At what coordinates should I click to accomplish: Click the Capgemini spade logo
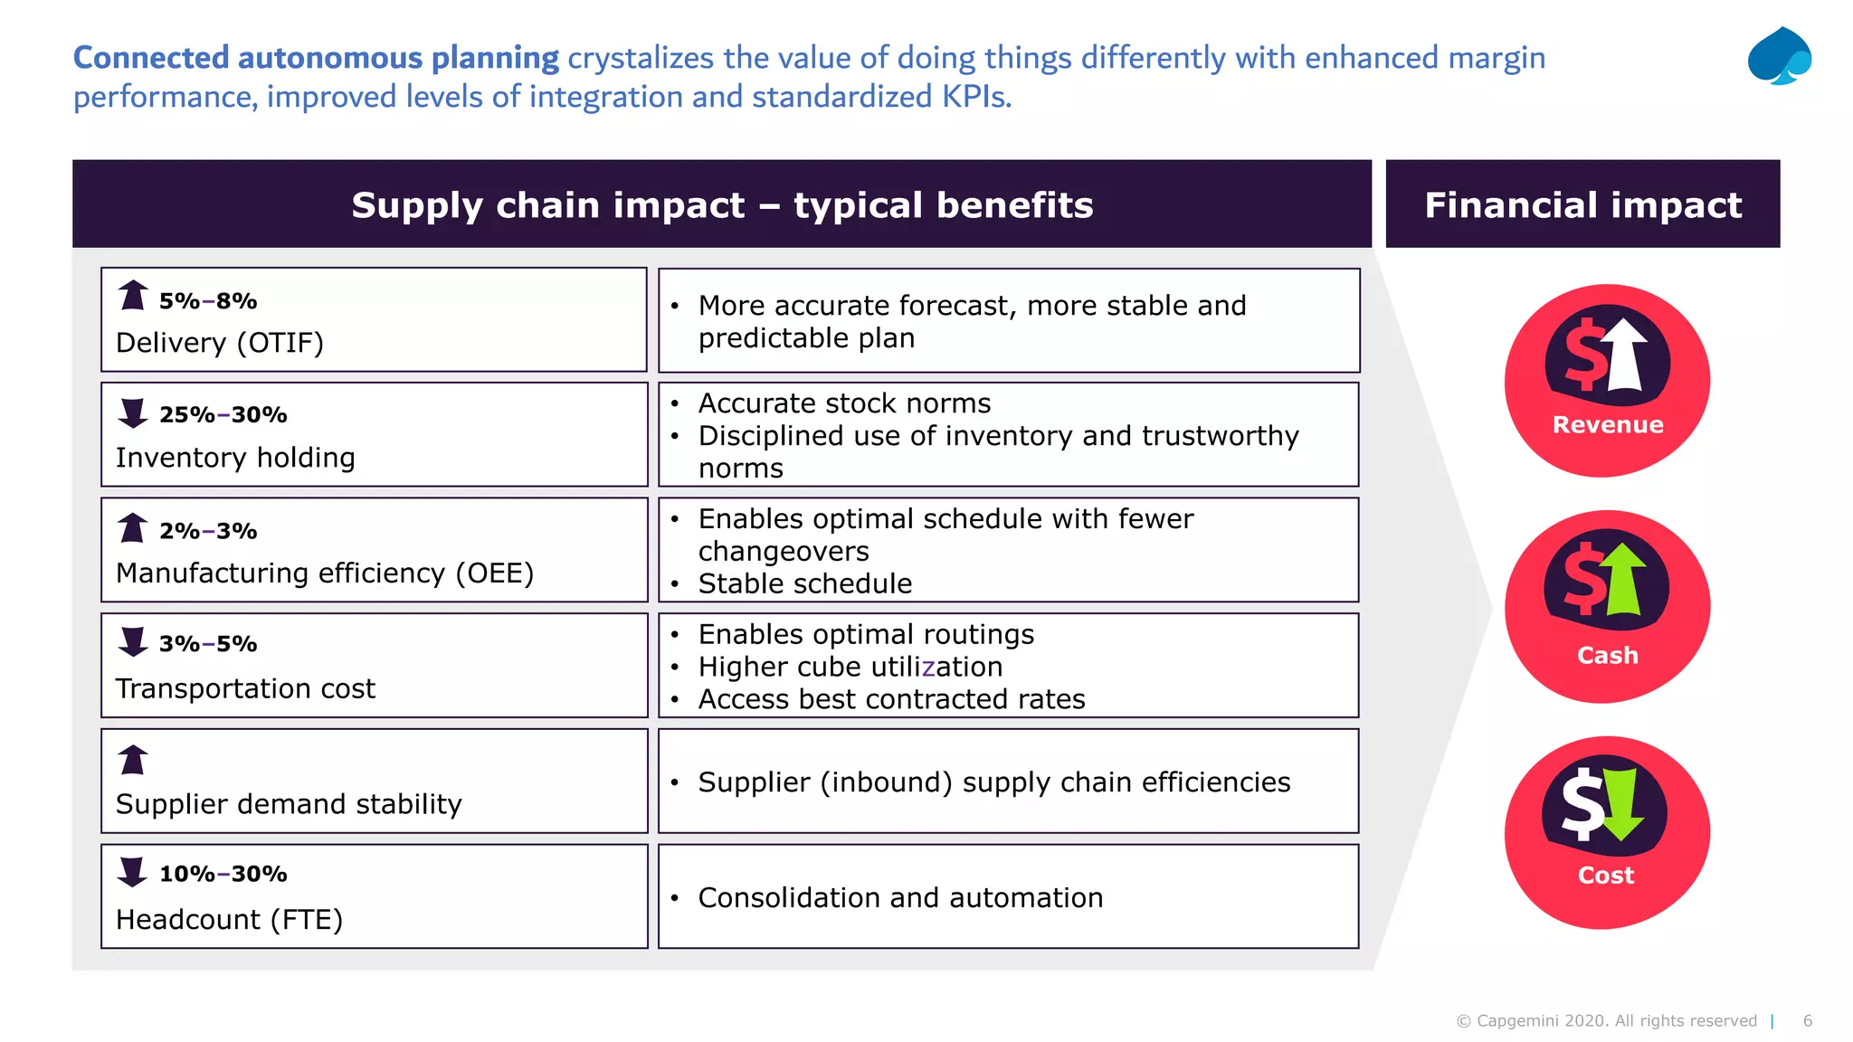1779,56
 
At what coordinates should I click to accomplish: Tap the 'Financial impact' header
1582,204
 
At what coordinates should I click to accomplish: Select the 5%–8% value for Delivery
208,301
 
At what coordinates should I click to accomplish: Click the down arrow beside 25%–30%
133,413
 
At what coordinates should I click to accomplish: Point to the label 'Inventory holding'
235,458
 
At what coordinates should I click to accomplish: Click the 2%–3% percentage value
208,531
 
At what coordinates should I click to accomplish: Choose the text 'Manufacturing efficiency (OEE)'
325,573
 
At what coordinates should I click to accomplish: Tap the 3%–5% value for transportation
208,644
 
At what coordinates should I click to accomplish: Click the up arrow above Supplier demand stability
133,760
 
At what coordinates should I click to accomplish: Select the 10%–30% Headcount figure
223,874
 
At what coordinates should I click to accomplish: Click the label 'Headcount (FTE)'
229,920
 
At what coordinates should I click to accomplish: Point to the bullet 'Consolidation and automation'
900,897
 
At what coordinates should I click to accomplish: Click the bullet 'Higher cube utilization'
850,667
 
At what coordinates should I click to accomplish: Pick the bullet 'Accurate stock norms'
844,403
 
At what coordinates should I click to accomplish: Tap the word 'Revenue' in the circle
1608,425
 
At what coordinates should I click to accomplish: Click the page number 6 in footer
1807,1020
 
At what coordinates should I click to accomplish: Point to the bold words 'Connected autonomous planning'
316,58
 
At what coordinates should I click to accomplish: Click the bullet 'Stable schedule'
804,583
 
